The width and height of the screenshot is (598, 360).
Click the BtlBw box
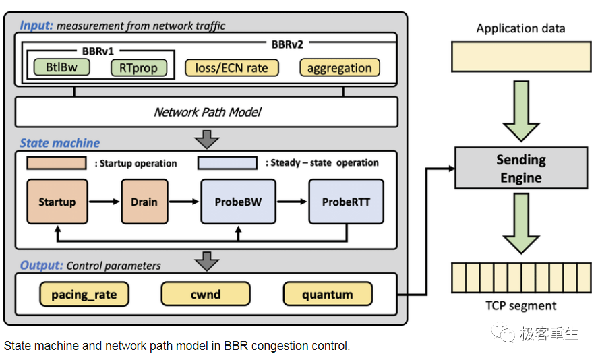pos(57,67)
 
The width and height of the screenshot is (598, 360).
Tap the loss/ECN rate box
pos(231,67)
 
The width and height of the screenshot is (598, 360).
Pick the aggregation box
pos(339,67)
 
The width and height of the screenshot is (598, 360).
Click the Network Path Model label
pos(207,112)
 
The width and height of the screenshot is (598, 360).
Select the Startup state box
pos(57,202)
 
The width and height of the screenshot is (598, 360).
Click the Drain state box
pos(144,202)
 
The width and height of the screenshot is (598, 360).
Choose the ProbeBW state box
pos(238,202)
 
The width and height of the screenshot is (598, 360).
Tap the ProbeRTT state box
pos(346,202)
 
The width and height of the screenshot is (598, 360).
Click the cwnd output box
pos(205,294)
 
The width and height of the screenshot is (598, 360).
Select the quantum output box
pos(327,294)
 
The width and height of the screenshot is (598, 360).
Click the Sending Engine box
pos(520,169)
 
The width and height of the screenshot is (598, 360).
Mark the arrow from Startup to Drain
pos(104,202)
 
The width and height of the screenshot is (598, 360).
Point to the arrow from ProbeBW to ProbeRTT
pos(291,202)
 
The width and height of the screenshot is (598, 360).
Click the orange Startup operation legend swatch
pos(56,162)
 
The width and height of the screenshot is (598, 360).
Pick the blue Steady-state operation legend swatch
pos(227,162)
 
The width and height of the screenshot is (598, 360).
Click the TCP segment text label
pos(520,305)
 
